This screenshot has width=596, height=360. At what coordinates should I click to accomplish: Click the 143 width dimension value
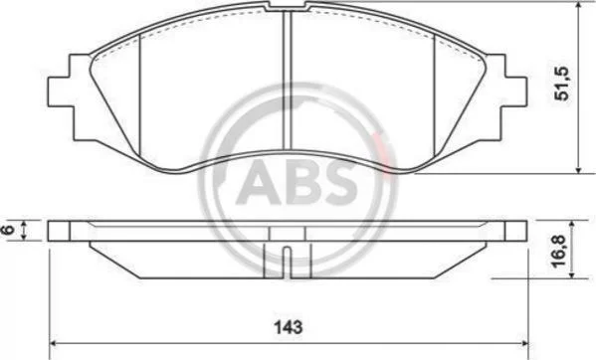click(289, 327)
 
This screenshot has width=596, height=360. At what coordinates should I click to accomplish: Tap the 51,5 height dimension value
click(562, 84)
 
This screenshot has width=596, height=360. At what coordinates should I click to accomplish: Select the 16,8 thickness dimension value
click(559, 251)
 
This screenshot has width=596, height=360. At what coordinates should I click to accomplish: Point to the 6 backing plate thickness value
click(8, 230)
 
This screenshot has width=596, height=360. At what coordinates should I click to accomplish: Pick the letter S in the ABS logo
click(339, 182)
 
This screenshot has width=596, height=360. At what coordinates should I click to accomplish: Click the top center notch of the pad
click(287, 5)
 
